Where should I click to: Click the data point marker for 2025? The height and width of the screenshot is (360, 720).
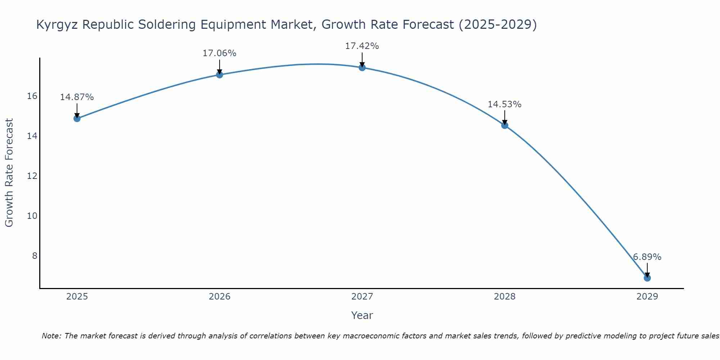pyautogui.click(x=77, y=118)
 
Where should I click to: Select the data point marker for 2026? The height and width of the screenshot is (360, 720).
pyautogui.click(x=220, y=75)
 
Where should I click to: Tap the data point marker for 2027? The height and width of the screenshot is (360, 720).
pyautogui.click(x=362, y=67)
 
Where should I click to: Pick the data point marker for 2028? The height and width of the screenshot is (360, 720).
pyautogui.click(x=505, y=125)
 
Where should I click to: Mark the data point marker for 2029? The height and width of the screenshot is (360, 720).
pyautogui.click(x=647, y=278)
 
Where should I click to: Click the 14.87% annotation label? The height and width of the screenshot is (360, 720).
pyautogui.click(x=77, y=97)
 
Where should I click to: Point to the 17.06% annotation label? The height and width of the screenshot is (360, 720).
pyautogui.click(x=219, y=53)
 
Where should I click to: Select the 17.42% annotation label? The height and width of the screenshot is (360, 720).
pyautogui.click(x=362, y=46)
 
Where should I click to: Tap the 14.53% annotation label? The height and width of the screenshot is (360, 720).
pyautogui.click(x=504, y=104)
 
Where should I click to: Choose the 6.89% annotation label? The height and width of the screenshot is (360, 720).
pyautogui.click(x=647, y=257)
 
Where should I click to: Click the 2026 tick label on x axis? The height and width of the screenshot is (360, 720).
pyautogui.click(x=220, y=297)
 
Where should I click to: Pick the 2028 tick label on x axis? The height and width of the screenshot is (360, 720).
pyautogui.click(x=505, y=297)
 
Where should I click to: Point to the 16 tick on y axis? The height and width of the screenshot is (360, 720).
pyautogui.click(x=32, y=96)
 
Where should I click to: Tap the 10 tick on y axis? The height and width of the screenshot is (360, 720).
pyautogui.click(x=32, y=216)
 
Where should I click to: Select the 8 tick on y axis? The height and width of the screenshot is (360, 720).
pyautogui.click(x=35, y=256)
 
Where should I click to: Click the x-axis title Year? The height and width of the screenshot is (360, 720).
pyautogui.click(x=362, y=315)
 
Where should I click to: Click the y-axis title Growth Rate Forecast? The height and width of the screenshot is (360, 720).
pyautogui.click(x=9, y=172)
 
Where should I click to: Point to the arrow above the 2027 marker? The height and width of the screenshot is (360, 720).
pyautogui.click(x=362, y=60)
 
